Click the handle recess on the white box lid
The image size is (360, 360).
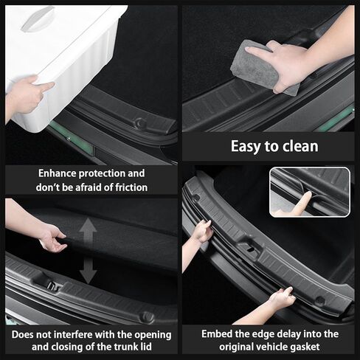tap(38, 18)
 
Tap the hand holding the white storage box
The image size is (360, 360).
tap(27, 94)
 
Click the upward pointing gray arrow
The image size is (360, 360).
tap(88, 232)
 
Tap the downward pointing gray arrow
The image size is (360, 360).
tap(88, 271)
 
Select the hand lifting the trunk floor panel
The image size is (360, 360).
tap(50, 236)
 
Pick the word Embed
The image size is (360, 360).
tap(217, 334)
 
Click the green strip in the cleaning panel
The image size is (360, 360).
tap(336, 118)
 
